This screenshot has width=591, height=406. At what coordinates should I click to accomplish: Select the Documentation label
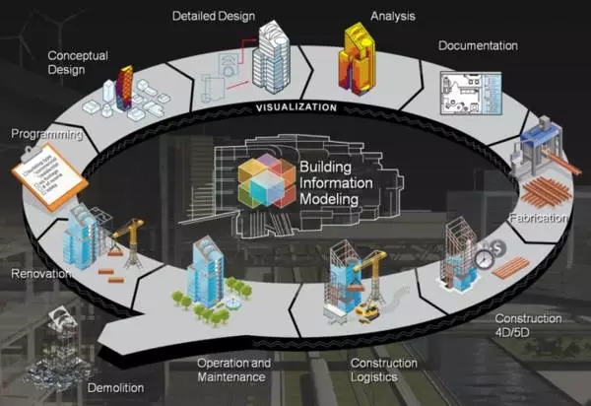click(478, 45)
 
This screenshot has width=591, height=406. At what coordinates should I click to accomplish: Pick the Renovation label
click(39, 272)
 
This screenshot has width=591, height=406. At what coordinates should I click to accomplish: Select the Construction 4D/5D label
click(528, 325)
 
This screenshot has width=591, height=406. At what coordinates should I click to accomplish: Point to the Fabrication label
click(540, 217)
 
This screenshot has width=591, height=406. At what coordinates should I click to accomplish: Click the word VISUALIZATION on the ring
click(295, 106)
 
